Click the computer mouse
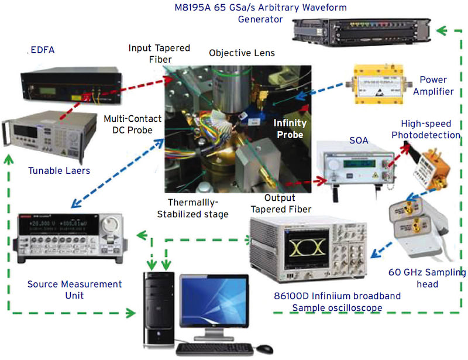264,348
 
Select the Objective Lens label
242,53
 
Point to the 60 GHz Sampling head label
426,278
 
